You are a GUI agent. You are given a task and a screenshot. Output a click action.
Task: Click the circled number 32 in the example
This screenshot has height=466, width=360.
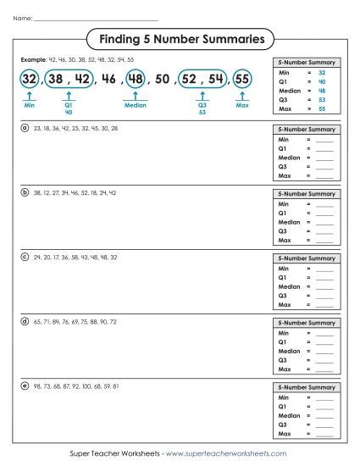[x=30, y=80]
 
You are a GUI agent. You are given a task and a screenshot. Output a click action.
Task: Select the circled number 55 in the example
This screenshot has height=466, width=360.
[x=242, y=80]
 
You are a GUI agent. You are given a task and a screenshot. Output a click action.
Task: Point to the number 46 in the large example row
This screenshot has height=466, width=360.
[x=108, y=80]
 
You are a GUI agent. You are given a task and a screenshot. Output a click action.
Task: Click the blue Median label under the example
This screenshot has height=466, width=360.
[x=135, y=107]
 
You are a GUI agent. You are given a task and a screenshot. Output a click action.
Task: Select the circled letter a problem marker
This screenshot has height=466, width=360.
[x=25, y=128]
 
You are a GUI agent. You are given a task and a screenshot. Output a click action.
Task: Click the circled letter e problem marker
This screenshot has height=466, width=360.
[x=25, y=386]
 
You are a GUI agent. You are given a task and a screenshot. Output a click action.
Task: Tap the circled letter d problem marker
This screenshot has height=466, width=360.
[x=25, y=321]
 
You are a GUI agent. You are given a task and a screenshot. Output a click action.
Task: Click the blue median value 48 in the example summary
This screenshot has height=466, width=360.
[x=322, y=90]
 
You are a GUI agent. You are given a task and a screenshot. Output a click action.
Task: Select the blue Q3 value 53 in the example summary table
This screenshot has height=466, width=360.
[x=322, y=98]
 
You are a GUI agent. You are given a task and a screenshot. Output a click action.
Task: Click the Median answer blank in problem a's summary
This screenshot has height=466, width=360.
[x=324, y=158]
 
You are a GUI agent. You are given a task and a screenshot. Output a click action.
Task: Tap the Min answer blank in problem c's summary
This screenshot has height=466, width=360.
[x=324, y=269]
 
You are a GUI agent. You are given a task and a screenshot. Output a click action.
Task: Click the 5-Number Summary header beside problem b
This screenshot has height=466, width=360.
[x=307, y=194]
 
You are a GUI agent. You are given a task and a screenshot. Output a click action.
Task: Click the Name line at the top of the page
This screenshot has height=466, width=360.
[x=93, y=18]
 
